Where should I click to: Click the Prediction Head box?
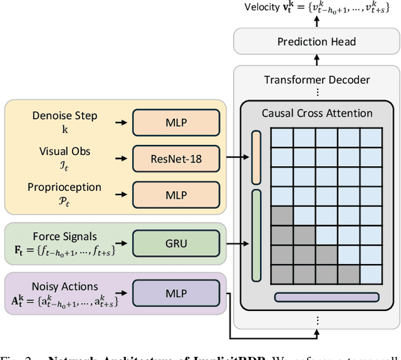[x=316, y=42]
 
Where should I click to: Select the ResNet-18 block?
[x=176, y=158]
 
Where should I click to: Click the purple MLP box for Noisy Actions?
[x=176, y=292]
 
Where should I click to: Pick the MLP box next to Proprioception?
[x=176, y=195]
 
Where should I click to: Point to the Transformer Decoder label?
[x=316, y=80]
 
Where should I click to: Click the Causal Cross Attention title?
[x=316, y=114]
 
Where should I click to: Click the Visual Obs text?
[x=65, y=151]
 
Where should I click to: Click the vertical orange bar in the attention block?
[x=256, y=157]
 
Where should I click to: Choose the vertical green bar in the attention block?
[x=256, y=235]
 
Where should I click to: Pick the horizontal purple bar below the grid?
[x=326, y=297]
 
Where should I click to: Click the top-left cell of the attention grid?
[x=282, y=137]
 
